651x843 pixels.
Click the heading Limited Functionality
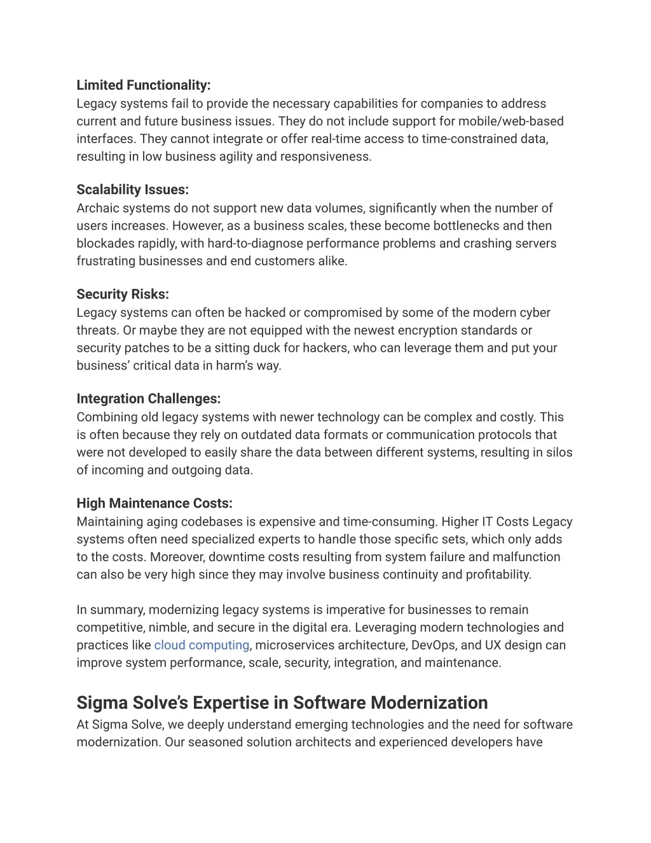coord(143,85)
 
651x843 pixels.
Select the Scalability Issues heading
coord(132,190)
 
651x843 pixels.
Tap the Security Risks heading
coord(123,294)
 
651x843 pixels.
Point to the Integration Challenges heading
coord(148,399)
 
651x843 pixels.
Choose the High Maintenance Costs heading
coord(154,503)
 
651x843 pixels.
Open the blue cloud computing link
coord(202,645)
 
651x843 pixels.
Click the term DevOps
coord(433,645)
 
